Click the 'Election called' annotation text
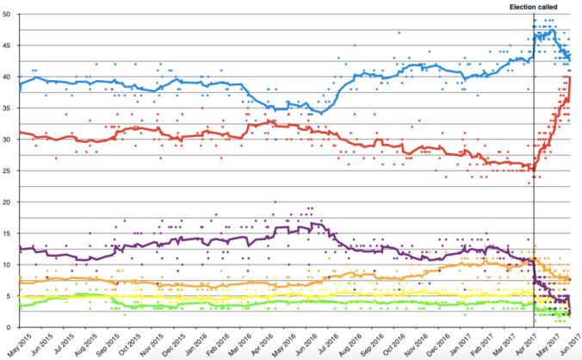(534, 7)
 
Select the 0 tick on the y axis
(9, 327)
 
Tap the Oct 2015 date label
(126, 344)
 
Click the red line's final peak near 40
(570, 78)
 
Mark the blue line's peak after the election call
(544, 33)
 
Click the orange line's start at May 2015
(20, 282)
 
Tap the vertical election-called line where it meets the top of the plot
(534, 16)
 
